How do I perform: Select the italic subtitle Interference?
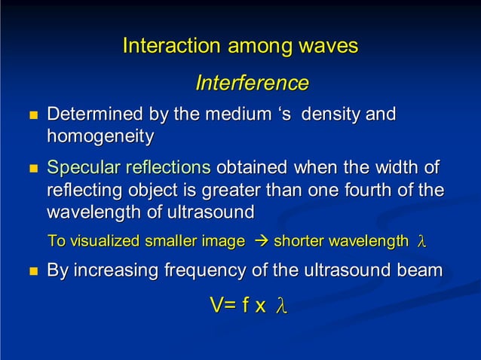coord(252,83)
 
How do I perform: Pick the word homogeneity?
coord(100,137)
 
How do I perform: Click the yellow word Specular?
coord(81,167)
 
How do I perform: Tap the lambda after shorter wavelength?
coord(421,242)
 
